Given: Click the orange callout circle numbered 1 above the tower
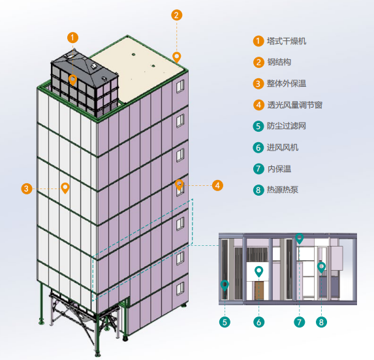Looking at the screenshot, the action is click(x=72, y=38).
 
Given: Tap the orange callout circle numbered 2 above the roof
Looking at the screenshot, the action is click(x=176, y=15).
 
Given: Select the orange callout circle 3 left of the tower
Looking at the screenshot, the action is click(x=27, y=188).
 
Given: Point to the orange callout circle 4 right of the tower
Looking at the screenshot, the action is click(x=217, y=185).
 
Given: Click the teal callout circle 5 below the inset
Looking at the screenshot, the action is click(x=225, y=322).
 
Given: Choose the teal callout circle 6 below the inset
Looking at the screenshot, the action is click(x=258, y=322).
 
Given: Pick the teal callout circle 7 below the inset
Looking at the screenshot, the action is click(x=300, y=322).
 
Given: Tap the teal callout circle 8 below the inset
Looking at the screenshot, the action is click(x=321, y=322).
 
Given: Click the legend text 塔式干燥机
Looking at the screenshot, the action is click(x=287, y=41).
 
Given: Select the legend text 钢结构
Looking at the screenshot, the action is click(x=279, y=62).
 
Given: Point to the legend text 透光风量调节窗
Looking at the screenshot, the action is click(x=295, y=105).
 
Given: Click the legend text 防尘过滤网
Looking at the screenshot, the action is click(x=287, y=126).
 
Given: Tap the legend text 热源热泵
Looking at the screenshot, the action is click(x=283, y=190).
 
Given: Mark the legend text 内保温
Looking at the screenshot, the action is click(x=279, y=169).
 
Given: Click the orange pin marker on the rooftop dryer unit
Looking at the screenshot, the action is click(x=72, y=80).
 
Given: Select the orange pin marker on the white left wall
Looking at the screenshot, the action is click(x=65, y=188).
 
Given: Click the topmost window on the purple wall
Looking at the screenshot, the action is click(x=180, y=86).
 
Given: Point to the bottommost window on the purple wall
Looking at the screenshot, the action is click(x=180, y=289).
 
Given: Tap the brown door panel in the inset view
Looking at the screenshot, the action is click(x=259, y=290).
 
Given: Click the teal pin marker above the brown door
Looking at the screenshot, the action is click(x=258, y=271).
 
